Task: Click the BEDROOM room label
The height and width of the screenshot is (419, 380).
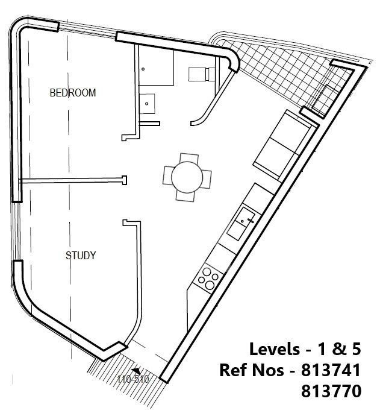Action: coord(73,93)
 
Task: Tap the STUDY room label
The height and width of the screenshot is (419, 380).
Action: coord(81,256)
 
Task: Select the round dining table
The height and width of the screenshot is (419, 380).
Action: coord(187,177)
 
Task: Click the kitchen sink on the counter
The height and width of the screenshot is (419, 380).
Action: coord(241,223)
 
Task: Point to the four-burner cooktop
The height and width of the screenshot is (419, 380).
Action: coord(208,276)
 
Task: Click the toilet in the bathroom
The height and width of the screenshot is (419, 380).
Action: coord(202,74)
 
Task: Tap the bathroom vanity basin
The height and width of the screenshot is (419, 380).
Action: coord(146,104)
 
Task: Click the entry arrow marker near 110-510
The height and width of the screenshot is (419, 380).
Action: coord(137,371)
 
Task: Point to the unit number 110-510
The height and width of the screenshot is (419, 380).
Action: coord(133,379)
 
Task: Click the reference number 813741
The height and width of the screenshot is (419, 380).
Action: coord(331,370)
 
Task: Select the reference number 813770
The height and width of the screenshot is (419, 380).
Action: coord(331,391)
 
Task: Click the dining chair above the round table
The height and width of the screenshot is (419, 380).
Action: coord(189,158)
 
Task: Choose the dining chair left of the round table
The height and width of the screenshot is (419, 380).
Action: coord(168,175)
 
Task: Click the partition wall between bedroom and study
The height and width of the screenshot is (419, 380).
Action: coord(73,181)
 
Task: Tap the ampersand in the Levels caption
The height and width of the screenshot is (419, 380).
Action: coord(338,349)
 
